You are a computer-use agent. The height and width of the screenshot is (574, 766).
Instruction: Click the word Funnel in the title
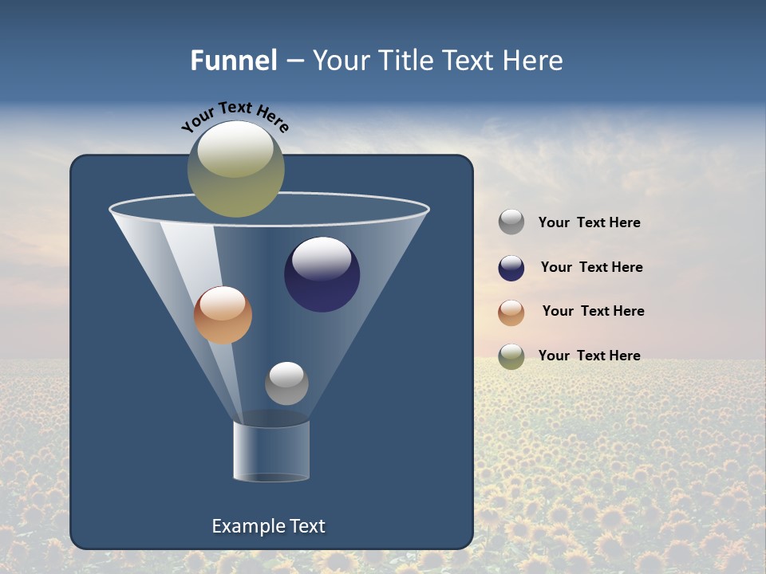(233, 61)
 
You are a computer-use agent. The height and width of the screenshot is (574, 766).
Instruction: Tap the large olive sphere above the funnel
(235, 169)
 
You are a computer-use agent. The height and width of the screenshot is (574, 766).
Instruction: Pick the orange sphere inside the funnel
(223, 316)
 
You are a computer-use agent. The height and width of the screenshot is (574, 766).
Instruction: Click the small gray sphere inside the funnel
(286, 383)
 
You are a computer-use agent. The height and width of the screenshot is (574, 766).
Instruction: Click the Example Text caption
(269, 526)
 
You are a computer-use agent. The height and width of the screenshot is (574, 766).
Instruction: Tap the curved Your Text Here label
(235, 116)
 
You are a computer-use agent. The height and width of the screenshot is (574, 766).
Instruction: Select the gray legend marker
(511, 222)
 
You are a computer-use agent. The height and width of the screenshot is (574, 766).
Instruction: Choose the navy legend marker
(511, 268)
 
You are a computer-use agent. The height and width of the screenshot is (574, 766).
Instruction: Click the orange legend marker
(511, 312)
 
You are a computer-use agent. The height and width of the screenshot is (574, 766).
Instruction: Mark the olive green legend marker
(511, 356)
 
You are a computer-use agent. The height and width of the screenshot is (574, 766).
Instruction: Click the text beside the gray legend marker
(589, 223)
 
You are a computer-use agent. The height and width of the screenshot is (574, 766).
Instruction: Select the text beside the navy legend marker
(591, 268)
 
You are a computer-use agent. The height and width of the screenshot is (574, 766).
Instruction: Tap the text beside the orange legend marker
(593, 312)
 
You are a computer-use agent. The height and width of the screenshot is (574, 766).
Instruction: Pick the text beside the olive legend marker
(589, 356)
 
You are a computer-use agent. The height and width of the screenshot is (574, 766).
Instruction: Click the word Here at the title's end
(534, 61)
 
